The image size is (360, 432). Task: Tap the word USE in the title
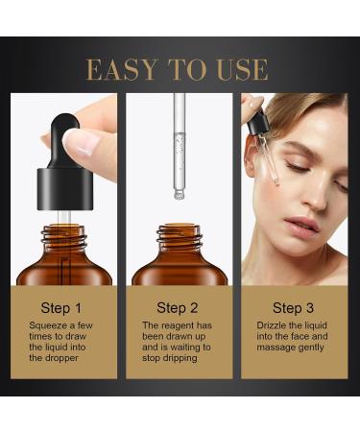(x=244, y=69)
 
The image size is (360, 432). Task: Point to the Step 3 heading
(x=293, y=308)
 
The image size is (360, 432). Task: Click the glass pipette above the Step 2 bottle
(x=179, y=144)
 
